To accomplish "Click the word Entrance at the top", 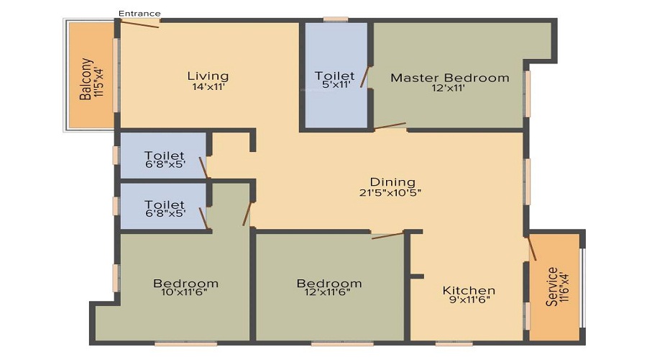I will (139, 13).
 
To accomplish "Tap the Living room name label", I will (208, 76).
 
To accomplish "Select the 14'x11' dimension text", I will (208, 87).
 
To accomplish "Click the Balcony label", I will (86, 78).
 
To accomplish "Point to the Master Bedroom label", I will (449, 78).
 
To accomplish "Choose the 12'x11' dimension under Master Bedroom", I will (449, 89).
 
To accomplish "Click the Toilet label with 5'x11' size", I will (334, 76).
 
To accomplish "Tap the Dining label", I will (393, 181).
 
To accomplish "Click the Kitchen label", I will (468, 290).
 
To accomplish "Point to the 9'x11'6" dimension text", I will (468, 301).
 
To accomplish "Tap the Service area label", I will (552, 287).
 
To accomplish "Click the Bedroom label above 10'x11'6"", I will (185, 283).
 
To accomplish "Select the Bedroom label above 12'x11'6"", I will (329, 283).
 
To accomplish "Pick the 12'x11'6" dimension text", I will (329, 294).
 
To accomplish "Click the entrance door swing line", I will (139, 24).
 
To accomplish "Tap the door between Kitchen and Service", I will (533, 247).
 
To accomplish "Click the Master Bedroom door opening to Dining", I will (390, 126).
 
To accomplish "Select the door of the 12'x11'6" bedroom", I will (387, 235).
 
